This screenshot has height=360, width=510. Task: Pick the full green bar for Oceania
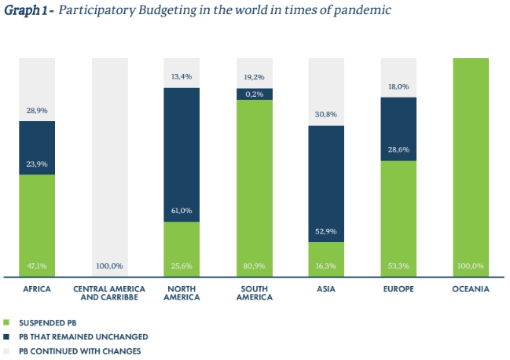pyautogui.click(x=471, y=167)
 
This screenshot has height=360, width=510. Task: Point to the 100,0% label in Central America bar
pyautogui.click(x=109, y=266)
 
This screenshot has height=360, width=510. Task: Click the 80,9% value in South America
pyautogui.click(x=254, y=266)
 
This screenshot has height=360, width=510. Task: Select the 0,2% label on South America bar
pyautogui.click(x=254, y=94)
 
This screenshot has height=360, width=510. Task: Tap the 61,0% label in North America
pyautogui.click(x=182, y=210)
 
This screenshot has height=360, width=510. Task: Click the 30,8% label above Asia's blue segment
pyautogui.click(x=326, y=114)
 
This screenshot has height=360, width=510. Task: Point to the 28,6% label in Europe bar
pyautogui.click(x=398, y=149)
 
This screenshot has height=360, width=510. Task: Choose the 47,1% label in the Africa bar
pyautogui.click(x=37, y=266)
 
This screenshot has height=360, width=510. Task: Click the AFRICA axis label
pyautogui.click(x=37, y=289)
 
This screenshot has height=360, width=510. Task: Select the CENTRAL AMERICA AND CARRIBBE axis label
pyautogui.click(x=109, y=293)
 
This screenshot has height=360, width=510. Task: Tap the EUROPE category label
pyautogui.click(x=398, y=289)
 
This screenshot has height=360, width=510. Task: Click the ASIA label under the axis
pyautogui.click(x=326, y=289)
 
